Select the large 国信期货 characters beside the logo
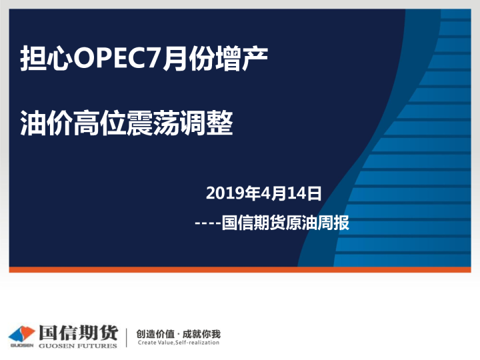pyautogui.click(x=78, y=332)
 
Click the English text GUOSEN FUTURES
pyautogui.click(x=78, y=345)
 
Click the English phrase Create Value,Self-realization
pyautogui.click(x=178, y=343)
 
